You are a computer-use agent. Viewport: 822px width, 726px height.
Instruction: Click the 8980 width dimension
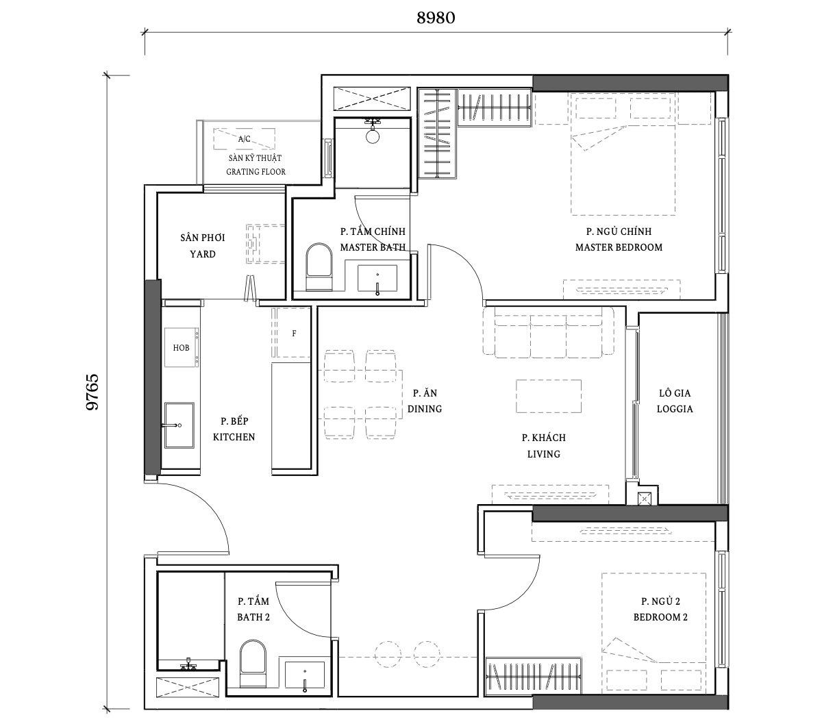[436, 18]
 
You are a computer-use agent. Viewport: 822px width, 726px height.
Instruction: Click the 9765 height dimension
[92, 392]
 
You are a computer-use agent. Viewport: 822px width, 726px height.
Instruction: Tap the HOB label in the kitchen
[181, 348]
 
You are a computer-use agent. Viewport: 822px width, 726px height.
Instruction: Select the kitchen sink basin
[179, 425]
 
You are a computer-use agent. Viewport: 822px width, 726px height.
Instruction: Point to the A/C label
[245, 139]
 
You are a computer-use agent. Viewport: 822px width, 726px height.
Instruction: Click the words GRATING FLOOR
[256, 172]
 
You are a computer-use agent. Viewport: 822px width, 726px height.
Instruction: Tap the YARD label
[203, 254]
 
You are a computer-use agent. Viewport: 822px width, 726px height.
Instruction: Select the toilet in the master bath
[319, 266]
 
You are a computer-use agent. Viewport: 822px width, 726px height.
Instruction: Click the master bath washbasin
[377, 278]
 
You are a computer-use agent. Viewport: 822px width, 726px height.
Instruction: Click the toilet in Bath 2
[253, 664]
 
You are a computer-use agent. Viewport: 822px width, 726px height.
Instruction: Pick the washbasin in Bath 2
[305, 675]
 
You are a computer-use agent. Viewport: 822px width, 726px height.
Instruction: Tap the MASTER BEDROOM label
[619, 247]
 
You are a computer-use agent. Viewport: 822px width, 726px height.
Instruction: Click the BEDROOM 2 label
[660, 617]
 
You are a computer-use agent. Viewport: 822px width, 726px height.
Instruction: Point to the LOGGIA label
[675, 409]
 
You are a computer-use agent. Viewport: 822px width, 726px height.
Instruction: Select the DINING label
[425, 409]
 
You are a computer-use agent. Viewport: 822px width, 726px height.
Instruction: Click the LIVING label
[544, 454]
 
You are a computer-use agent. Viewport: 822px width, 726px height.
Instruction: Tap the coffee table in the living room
[549, 396]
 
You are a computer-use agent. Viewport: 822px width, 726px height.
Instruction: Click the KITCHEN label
[234, 437]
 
